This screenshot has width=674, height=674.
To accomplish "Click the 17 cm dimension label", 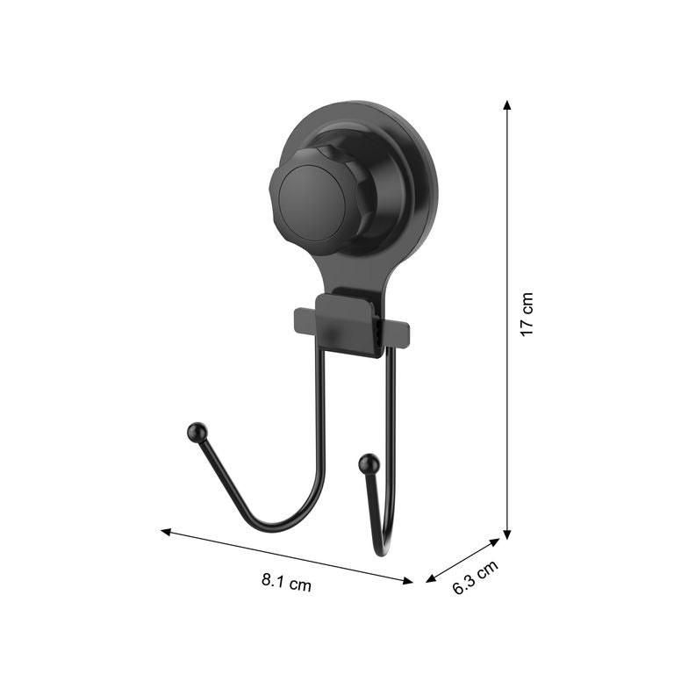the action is pos(527,314).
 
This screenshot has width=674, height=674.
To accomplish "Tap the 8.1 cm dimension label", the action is pos(286,582).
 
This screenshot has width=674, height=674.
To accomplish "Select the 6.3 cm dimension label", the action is pos(476,577).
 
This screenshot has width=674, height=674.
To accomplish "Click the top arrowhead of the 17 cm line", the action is pos(507,105).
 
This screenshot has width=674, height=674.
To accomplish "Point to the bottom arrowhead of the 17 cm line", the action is pos(507,534).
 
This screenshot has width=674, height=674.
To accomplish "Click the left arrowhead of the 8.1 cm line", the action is pos(166,532).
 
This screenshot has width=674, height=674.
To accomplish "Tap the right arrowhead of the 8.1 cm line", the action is pos(407,581).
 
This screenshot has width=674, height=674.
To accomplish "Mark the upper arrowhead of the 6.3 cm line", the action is pos(495,542).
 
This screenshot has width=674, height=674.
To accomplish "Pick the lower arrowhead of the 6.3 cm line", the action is pos(431,578).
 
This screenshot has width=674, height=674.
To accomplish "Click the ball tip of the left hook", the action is pos(197,431).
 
